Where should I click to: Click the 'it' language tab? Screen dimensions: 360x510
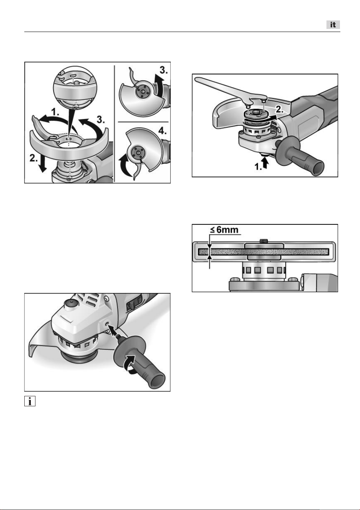333,25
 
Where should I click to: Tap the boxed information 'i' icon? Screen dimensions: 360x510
30,401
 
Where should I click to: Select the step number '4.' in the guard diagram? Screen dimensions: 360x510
162,131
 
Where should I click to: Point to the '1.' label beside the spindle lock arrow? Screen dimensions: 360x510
258,167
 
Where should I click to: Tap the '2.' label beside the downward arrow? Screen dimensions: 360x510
34,158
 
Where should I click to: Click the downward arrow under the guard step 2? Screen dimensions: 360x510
42,164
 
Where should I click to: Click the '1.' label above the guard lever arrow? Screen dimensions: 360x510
55,112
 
